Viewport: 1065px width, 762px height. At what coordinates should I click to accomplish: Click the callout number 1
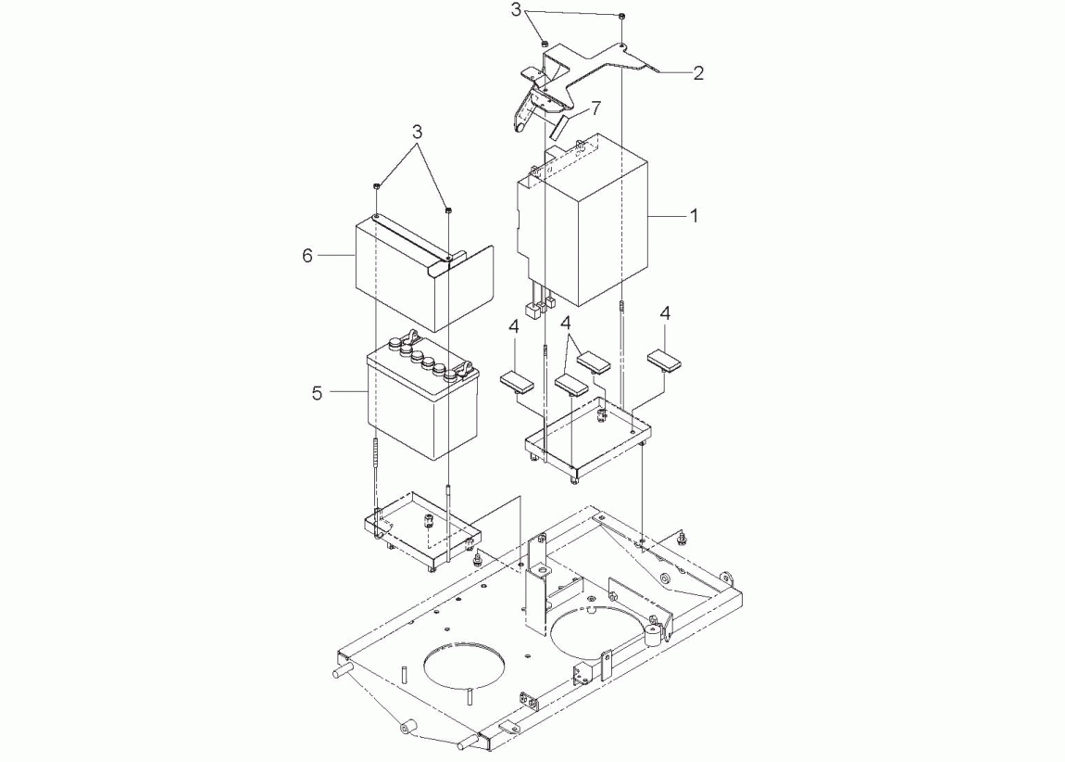click(694, 215)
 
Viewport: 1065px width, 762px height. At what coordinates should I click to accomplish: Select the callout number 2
click(697, 73)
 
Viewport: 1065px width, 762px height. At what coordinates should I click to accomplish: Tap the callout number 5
click(317, 393)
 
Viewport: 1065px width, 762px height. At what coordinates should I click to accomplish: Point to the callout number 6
click(307, 256)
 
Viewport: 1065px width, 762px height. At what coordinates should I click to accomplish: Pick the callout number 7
click(595, 108)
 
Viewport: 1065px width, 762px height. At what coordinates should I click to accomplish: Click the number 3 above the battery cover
click(417, 132)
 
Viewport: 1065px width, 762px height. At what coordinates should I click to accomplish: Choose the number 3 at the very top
click(516, 10)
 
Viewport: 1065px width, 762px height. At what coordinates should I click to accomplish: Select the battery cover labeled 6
click(424, 273)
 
